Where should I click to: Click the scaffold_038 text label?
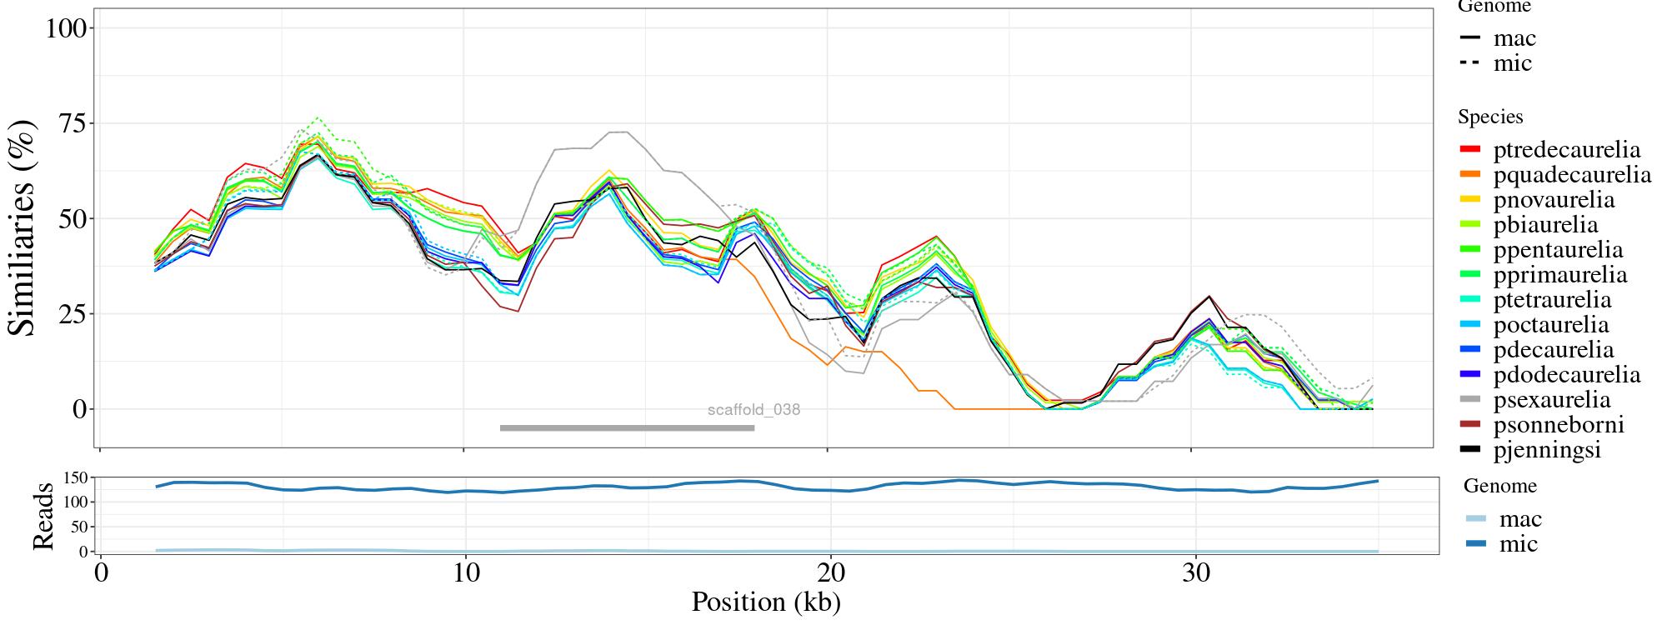pos(753,410)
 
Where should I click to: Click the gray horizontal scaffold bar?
pos(627,428)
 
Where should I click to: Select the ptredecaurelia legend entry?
pos(1566,150)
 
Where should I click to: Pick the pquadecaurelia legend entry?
pos(1571,175)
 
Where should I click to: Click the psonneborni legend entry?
pos(1558,425)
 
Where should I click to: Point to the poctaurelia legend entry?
pos(1550,325)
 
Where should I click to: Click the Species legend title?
pos(1490,117)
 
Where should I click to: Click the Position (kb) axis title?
pos(765,602)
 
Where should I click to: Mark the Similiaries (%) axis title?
pos(23,227)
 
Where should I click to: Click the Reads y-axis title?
pos(43,516)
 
